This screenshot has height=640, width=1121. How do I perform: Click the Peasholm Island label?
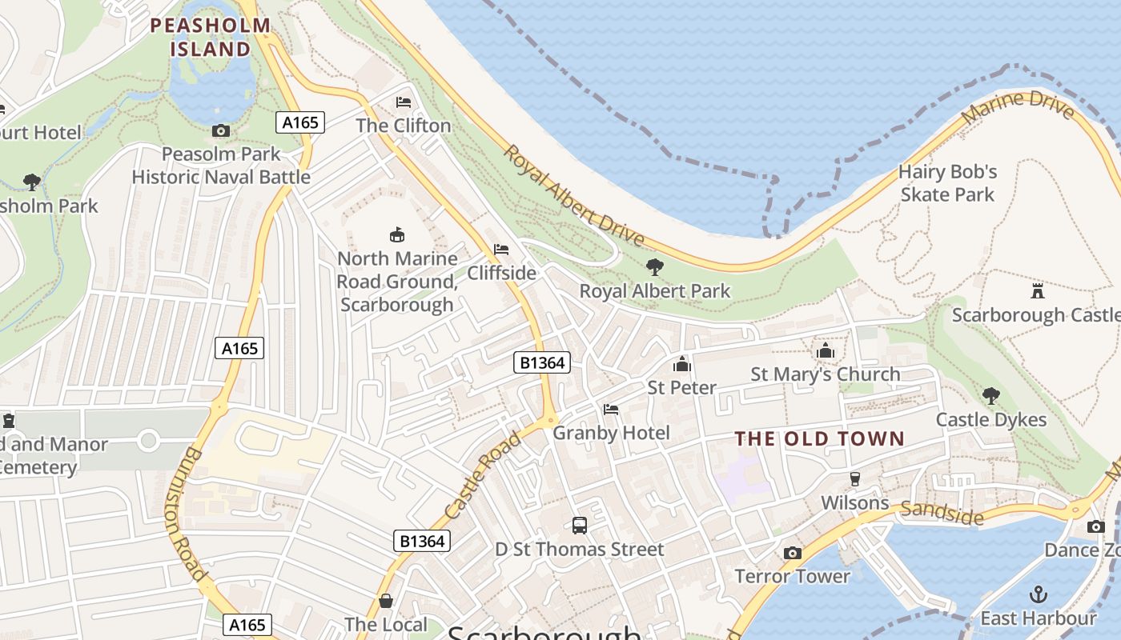211,37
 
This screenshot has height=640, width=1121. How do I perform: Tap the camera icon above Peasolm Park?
221,130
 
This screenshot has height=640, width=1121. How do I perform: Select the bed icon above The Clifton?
404,102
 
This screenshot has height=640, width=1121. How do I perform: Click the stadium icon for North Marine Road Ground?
396,234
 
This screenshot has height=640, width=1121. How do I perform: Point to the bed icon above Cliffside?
501,250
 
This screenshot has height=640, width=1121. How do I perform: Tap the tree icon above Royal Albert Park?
655,267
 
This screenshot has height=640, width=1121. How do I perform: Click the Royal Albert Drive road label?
573,195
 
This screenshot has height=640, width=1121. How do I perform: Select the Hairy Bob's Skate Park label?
947,183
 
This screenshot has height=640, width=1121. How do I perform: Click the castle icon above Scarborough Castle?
1038,290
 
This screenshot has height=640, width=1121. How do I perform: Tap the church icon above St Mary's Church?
825,350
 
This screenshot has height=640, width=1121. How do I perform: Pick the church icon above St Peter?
682,364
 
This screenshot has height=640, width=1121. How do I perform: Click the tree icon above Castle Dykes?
990,395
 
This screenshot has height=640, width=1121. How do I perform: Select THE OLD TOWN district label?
819,438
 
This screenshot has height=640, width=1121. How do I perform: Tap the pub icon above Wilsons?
855,479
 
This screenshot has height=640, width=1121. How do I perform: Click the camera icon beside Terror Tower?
792,553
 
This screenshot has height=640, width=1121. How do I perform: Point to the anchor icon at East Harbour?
1038,594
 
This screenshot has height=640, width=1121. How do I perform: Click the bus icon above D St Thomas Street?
580,526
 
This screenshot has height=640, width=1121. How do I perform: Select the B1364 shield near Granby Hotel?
542,362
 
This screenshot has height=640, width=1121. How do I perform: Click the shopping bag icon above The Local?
386,601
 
